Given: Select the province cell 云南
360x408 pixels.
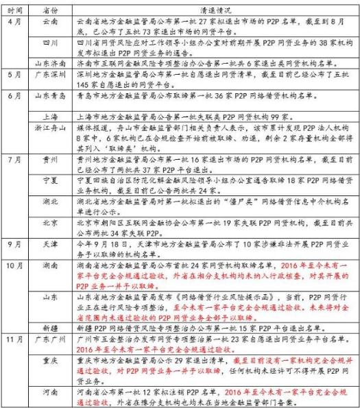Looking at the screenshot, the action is pos(50,23).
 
